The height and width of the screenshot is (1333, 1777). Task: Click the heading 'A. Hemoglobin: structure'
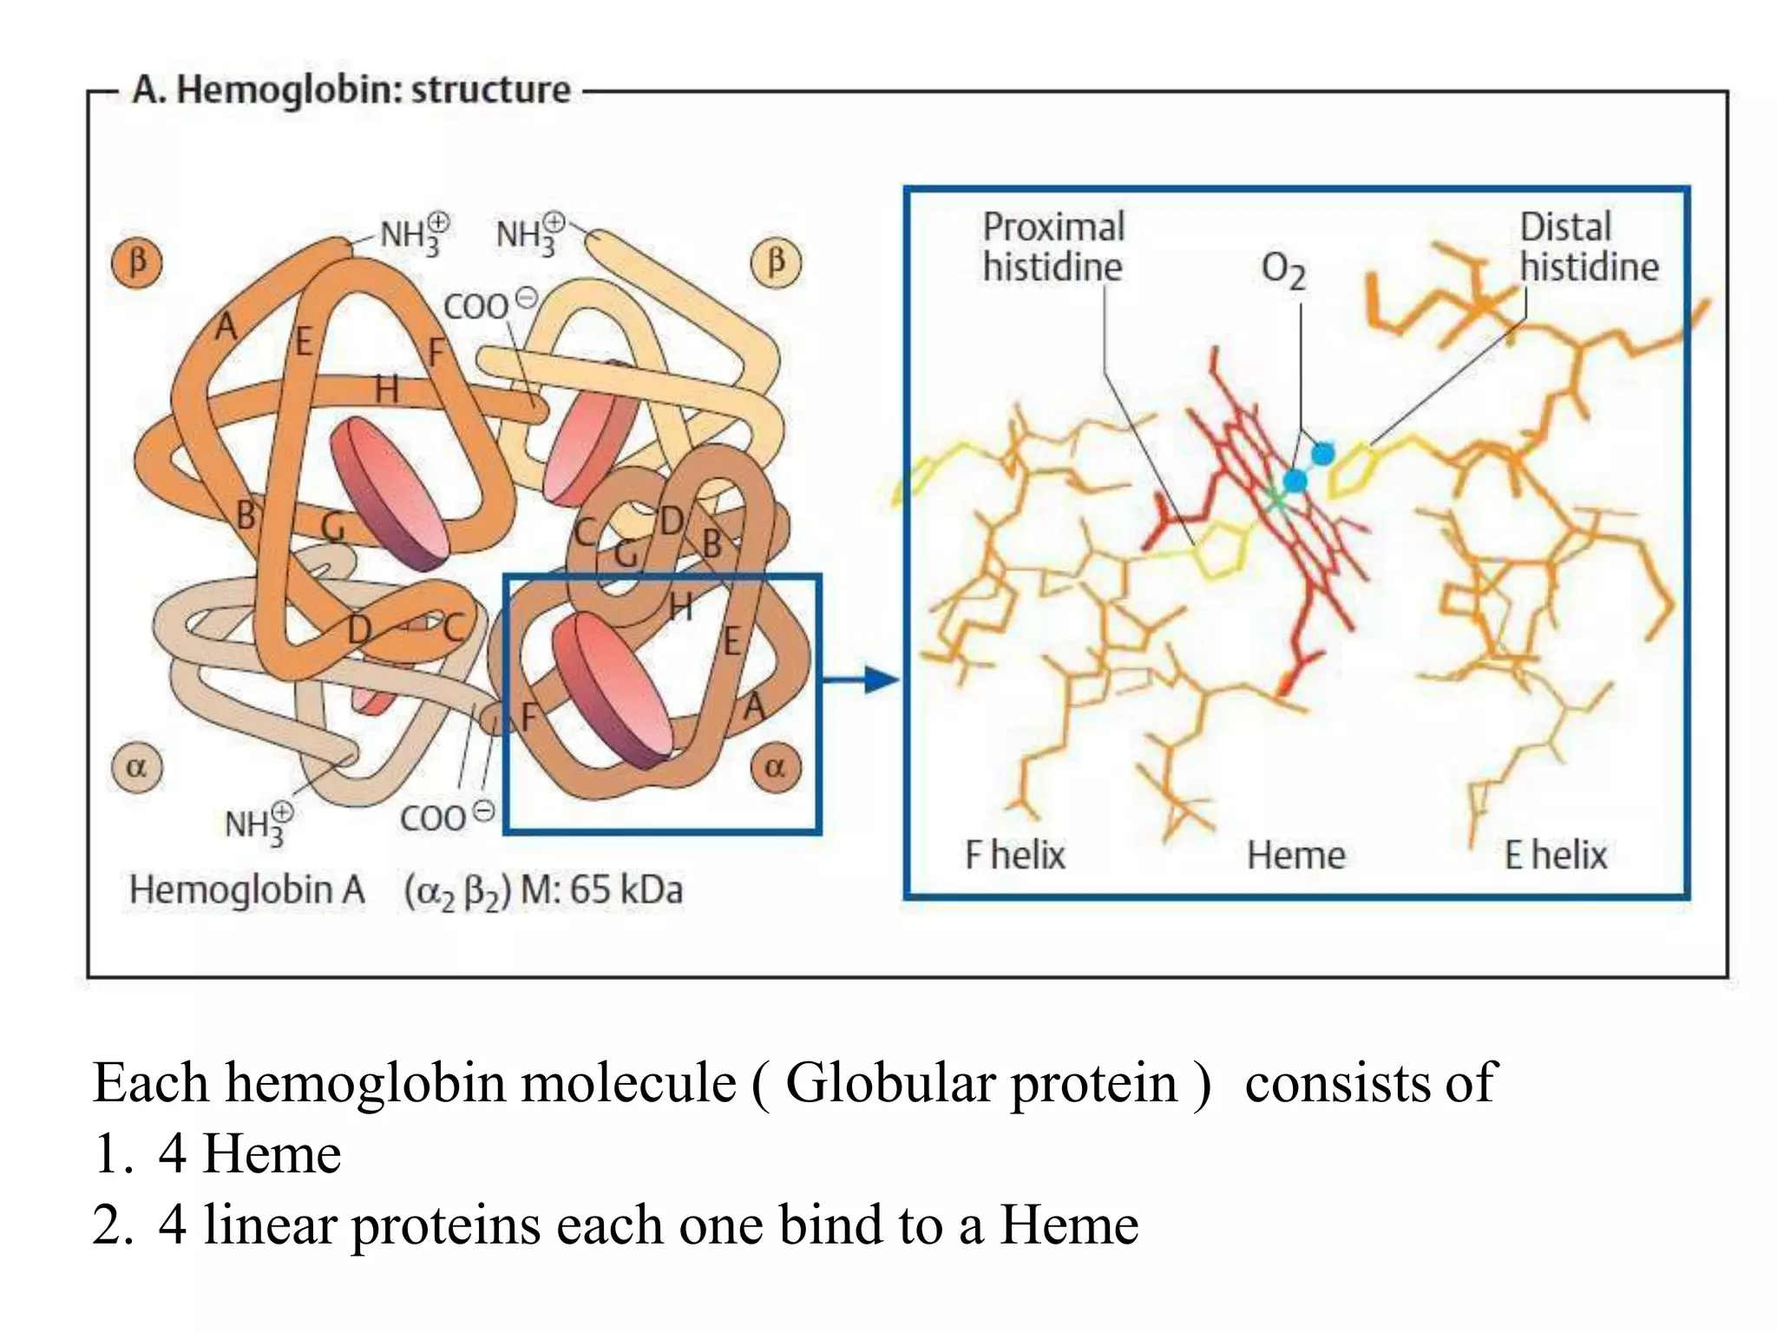351,90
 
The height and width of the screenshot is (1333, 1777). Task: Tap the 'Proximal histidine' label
1052,247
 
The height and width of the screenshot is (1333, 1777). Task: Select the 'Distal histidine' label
1588,247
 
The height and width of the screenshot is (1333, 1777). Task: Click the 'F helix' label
1014,855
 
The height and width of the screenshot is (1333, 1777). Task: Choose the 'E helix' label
1555,855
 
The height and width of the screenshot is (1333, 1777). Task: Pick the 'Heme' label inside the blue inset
1295,856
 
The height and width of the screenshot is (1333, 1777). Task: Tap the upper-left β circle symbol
137,262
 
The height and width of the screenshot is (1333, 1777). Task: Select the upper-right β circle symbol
776,262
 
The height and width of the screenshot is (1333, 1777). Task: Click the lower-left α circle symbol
137,767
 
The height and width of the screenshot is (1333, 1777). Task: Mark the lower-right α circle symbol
775,767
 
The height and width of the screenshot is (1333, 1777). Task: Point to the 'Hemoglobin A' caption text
247,890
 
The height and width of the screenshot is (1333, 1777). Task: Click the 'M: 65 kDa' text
601,890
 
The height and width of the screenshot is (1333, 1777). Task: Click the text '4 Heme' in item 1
250,1154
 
